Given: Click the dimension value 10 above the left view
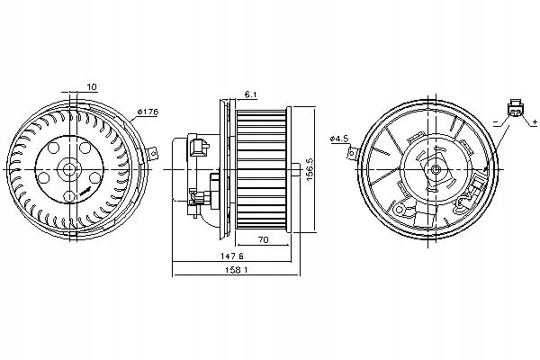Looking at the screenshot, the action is coord(92,87).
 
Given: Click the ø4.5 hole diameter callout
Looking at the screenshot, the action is coord(340,138).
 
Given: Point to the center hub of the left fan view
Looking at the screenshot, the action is coord(70,168).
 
